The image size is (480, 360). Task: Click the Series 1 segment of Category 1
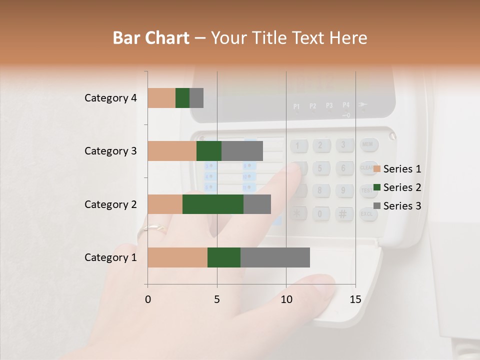(x=177, y=257)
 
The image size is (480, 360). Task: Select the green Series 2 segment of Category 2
(x=213, y=204)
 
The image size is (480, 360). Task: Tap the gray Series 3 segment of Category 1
(x=275, y=257)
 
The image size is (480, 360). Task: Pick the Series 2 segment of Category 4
(x=182, y=98)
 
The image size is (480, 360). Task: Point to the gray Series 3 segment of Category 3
(x=242, y=151)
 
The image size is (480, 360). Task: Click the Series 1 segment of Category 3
(x=172, y=151)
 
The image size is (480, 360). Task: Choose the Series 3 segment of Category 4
(x=196, y=98)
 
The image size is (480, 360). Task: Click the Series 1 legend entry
(x=397, y=169)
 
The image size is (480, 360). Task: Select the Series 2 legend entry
(x=397, y=187)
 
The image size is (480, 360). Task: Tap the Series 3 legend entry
(x=397, y=206)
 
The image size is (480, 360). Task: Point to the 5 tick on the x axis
(x=217, y=299)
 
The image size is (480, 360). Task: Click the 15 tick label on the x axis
(x=355, y=299)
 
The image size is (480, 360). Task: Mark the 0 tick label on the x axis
(x=148, y=299)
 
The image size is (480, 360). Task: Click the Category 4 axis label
(x=110, y=98)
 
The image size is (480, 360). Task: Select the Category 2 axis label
(x=110, y=204)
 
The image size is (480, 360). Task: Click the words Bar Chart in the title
(x=151, y=38)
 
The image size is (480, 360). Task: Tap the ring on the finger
(x=155, y=229)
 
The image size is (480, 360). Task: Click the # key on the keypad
(x=343, y=214)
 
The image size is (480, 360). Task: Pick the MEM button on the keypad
(x=368, y=145)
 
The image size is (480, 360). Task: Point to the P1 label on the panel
(x=296, y=106)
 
